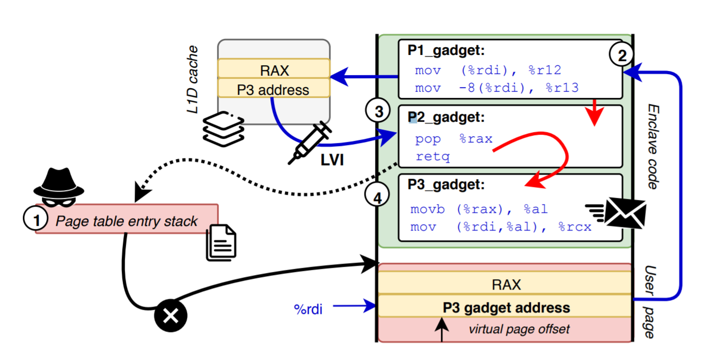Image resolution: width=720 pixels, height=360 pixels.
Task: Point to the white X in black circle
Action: tap(170, 315)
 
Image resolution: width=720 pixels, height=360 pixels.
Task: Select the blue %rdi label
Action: tap(308, 309)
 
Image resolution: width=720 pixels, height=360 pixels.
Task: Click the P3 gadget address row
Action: tap(506, 308)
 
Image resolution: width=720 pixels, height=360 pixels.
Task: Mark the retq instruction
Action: tap(433, 156)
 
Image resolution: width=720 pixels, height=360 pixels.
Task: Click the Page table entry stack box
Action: tap(127, 222)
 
